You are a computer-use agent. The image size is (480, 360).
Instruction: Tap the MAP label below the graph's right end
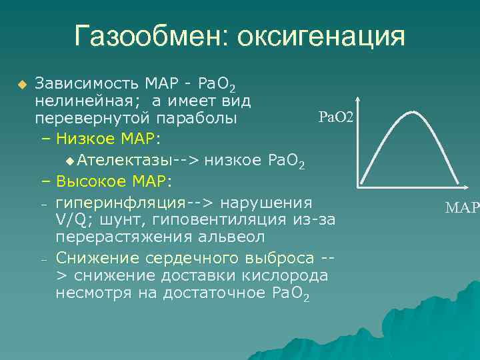(x=462, y=208)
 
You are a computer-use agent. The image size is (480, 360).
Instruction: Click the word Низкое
(x=83, y=139)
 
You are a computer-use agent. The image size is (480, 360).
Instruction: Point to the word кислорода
(x=287, y=275)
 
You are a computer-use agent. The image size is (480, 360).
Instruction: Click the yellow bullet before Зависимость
(x=22, y=85)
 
